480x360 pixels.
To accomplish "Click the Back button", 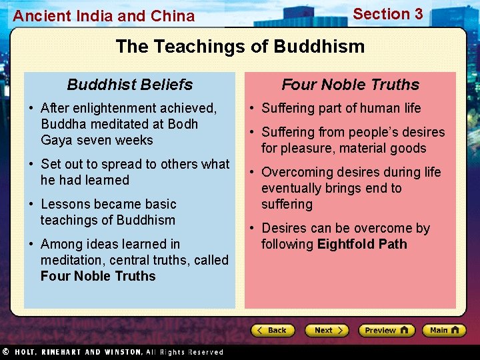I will click(273, 330).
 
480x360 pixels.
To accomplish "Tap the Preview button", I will click(386, 330).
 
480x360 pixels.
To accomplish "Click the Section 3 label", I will click(387, 14).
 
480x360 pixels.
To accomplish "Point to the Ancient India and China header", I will click(104, 16).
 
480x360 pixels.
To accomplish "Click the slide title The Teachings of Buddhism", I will click(240, 46).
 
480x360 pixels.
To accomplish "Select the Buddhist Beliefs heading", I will click(130, 85).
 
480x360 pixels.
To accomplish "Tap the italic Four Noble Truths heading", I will click(350, 85).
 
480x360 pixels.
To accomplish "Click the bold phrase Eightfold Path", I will click(362, 244).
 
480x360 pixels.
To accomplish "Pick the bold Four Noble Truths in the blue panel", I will click(98, 276).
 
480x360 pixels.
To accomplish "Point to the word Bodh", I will click(183, 124).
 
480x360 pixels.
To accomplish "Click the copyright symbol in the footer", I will click(5, 351).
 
